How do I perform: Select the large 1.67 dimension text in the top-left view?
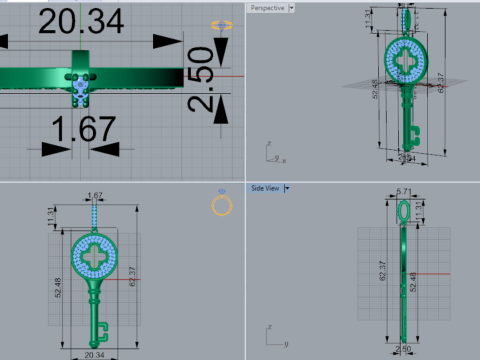tap(84, 128)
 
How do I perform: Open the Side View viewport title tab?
tap(265, 187)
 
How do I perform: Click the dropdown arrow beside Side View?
tap(287, 187)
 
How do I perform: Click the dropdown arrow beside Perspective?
tap(291, 8)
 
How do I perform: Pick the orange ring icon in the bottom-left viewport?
tap(223, 205)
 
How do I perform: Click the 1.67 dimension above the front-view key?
tap(96, 195)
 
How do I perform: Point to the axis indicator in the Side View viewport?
tap(270, 331)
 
